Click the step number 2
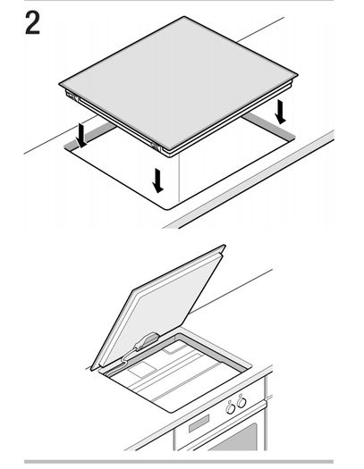32,22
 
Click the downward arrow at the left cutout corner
80,136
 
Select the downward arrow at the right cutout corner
281,112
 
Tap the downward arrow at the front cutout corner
157,180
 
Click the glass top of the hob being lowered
179,81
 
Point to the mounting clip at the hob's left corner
72,96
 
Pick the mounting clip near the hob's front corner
156,147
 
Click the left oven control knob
231,408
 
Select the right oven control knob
241,402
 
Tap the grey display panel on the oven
199,423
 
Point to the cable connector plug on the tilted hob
147,341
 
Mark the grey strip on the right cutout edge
268,126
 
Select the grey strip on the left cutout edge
89,136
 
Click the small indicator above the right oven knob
241,396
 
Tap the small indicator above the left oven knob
230,402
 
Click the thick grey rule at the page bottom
179,462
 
